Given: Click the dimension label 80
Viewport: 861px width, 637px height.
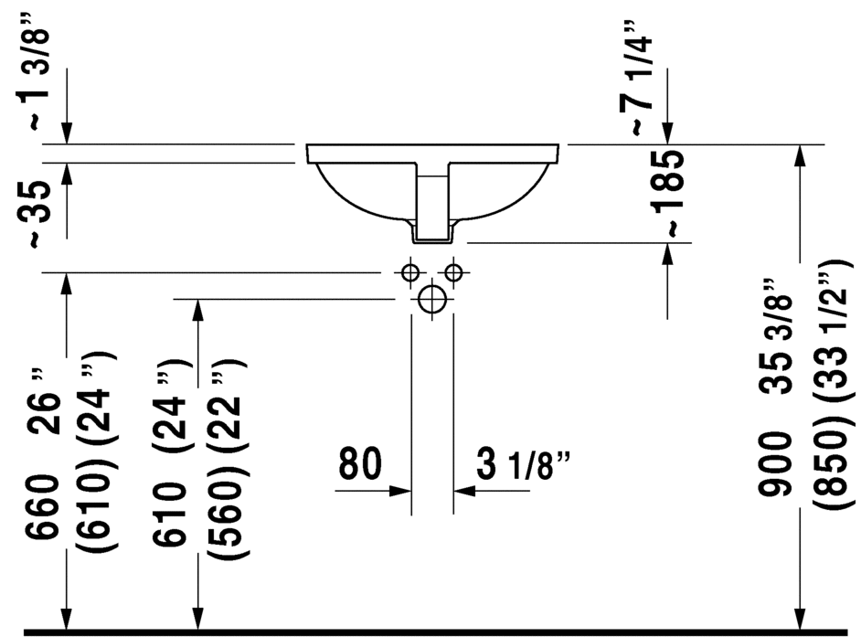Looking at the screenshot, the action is pos(360,462).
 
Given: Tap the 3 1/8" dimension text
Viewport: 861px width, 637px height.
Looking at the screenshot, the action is pos(524,466).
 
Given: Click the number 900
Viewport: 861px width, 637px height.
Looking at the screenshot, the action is pos(776,466).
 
